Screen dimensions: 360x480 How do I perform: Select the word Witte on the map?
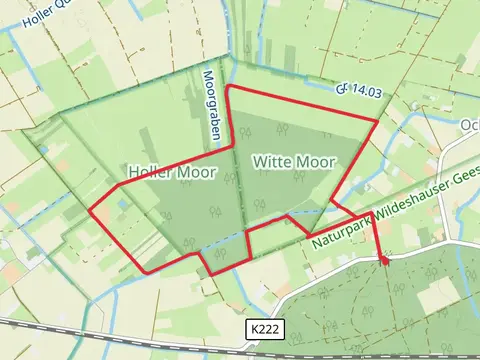[x=272, y=161]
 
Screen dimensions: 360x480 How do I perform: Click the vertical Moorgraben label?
[x=212, y=104]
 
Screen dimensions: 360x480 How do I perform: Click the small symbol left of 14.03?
[x=342, y=90]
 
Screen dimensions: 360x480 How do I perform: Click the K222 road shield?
[x=261, y=329]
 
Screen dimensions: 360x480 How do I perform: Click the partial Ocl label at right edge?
[x=470, y=125]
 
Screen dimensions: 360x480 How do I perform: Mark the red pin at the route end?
[x=382, y=259]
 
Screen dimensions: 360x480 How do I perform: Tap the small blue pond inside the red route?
[x=121, y=204]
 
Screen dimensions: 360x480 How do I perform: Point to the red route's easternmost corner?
[x=377, y=122]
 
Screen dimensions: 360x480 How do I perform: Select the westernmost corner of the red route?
[x=91, y=211]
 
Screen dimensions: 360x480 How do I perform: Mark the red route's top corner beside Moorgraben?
[x=229, y=87]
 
